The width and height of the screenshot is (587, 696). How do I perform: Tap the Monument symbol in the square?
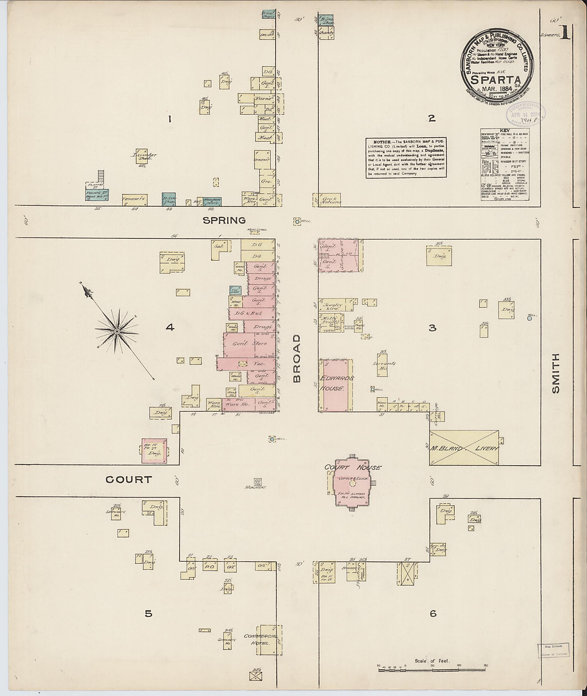pos(258,481)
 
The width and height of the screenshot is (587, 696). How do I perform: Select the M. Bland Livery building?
pos(464,448)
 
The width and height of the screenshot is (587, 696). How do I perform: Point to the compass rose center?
pos(117,332)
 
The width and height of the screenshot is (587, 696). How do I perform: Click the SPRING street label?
pos(224,220)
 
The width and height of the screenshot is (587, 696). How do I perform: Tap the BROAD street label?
pos(297,358)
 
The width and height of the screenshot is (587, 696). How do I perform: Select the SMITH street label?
pos(555,373)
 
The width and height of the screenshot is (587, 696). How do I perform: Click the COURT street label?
pos(129,479)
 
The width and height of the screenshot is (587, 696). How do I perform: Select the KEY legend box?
pos(505,164)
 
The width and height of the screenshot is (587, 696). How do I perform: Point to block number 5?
pos(148,613)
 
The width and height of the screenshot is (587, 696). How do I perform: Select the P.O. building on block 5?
pos(210,566)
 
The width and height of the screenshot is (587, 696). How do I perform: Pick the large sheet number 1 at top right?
pos(565,34)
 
